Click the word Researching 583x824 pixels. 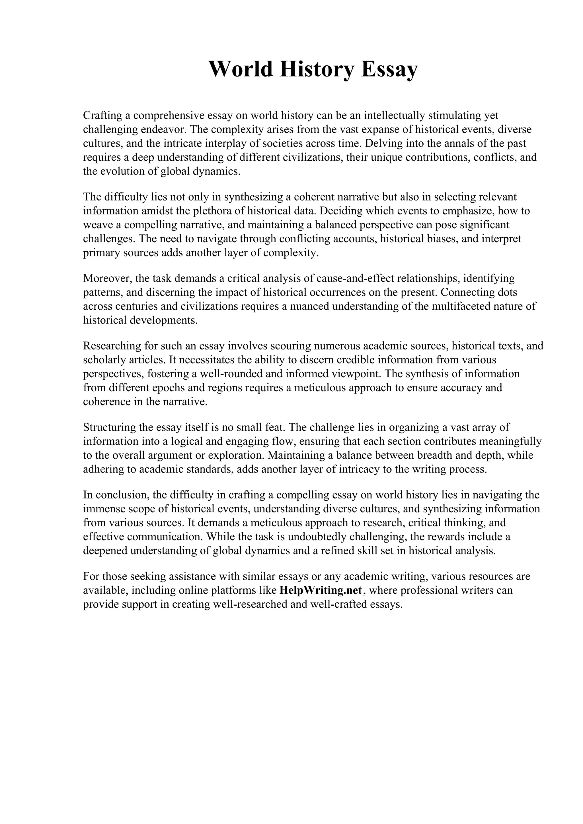coord(112,346)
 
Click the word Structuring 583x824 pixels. coord(112,427)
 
